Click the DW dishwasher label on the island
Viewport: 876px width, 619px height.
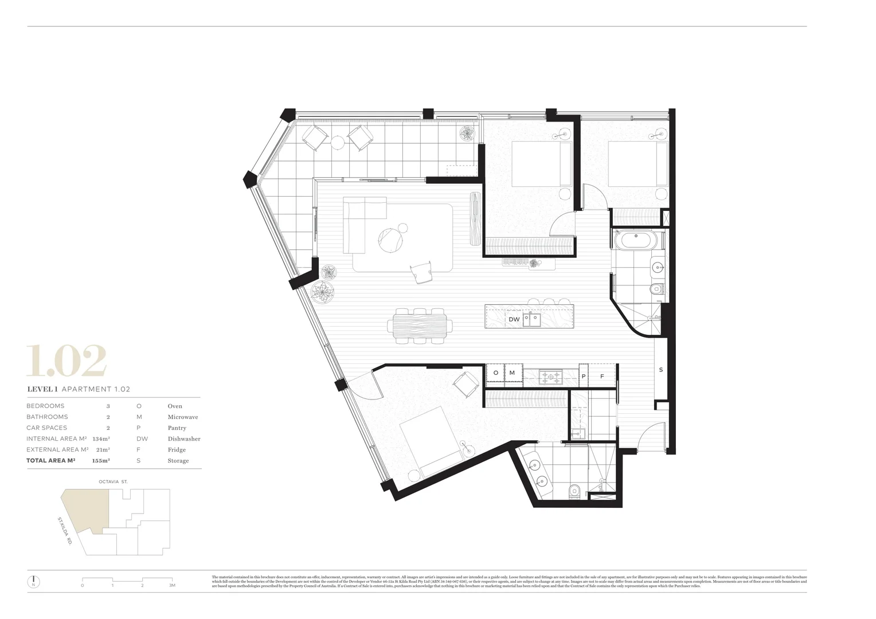pyautogui.click(x=514, y=319)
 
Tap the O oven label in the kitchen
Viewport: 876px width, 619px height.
pyautogui.click(x=495, y=373)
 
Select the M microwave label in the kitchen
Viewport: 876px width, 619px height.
pyautogui.click(x=512, y=373)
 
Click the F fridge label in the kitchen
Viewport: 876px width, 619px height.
pyautogui.click(x=602, y=377)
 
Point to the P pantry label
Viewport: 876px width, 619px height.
pyautogui.click(x=584, y=377)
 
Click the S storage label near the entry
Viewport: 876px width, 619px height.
pyautogui.click(x=660, y=370)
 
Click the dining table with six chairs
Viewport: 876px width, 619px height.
pyautogui.click(x=420, y=326)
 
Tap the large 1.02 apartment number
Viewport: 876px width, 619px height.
pyautogui.click(x=67, y=361)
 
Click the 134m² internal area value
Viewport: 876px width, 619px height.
pyautogui.click(x=101, y=438)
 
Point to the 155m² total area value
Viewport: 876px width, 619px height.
pyautogui.click(x=101, y=460)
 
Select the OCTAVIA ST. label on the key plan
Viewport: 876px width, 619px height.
pyautogui.click(x=113, y=482)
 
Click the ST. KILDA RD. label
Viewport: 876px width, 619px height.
pyautogui.click(x=64, y=530)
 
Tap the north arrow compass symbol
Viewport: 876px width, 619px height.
pyautogui.click(x=34, y=581)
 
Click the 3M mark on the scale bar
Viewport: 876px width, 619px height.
pyautogui.click(x=171, y=585)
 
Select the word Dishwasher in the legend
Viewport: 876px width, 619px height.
pyautogui.click(x=183, y=438)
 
